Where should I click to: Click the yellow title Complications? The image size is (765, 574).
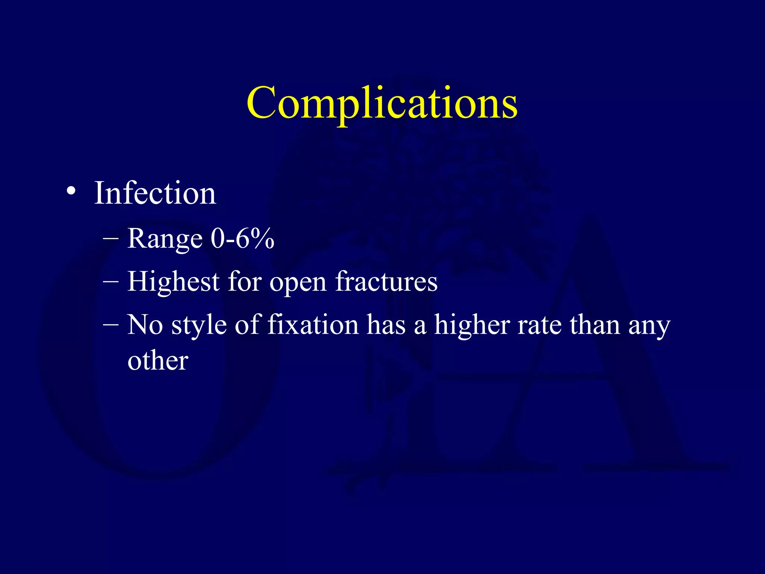[382, 103]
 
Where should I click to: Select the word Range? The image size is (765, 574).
[165, 239]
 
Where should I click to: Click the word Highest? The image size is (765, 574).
[173, 282]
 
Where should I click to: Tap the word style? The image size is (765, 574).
[199, 325]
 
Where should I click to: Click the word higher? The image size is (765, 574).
[471, 325]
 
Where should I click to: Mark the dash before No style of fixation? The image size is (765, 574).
[111, 324]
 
